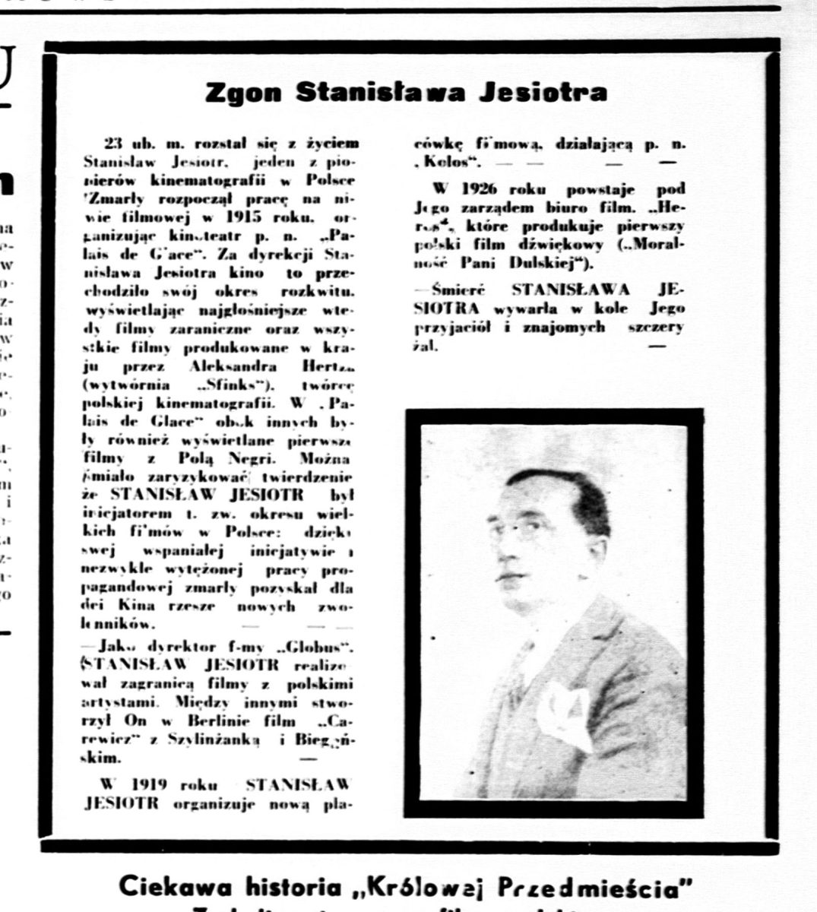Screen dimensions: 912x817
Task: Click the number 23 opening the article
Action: coord(112,144)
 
